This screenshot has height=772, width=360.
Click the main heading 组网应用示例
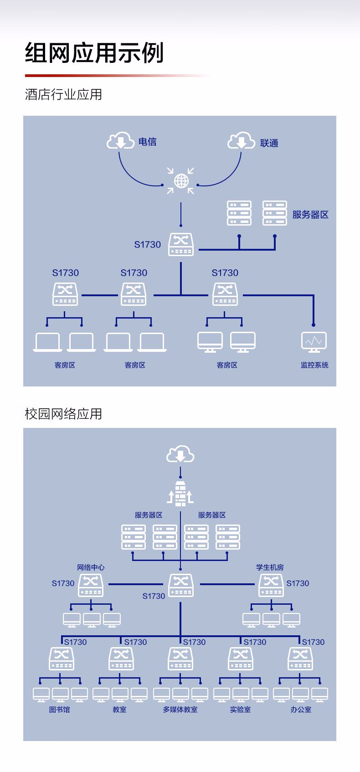pyautogui.click(x=94, y=53)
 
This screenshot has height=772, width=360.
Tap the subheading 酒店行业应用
pyautogui.click(x=63, y=94)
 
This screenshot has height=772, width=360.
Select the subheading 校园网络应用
pyautogui.click(x=63, y=414)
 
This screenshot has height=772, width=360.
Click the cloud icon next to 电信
pyautogui.click(x=120, y=140)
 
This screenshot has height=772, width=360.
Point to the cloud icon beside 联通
pyautogui.click(x=241, y=140)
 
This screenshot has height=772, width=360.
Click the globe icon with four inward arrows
pyautogui.click(x=181, y=180)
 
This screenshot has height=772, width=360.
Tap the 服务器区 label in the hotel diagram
pyautogui.click(x=310, y=215)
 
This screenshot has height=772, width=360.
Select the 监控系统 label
pyautogui.click(x=314, y=365)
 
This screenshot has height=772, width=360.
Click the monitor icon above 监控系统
pyautogui.click(x=314, y=342)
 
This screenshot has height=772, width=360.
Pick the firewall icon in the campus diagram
pyautogui.click(x=180, y=494)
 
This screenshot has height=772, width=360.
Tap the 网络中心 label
pyautogui.click(x=91, y=567)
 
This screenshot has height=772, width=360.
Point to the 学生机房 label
pyautogui.click(x=270, y=567)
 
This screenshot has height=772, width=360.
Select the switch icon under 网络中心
pyautogui.click(x=91, y=585)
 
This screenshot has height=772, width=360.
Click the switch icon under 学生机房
pyautogui.click(x=271, y=585)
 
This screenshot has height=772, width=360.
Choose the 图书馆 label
pyautogui.click(x=60, y=710)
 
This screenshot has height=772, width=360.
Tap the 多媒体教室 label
pyautogui.click(x=180, y=710)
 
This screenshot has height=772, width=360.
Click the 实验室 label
pyautogui.click(x=241, y=710)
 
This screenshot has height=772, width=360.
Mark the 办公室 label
pyautogui.click(x=301, y=710)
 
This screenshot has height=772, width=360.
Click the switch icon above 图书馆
pyautogui.click(x=62, y=659)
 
